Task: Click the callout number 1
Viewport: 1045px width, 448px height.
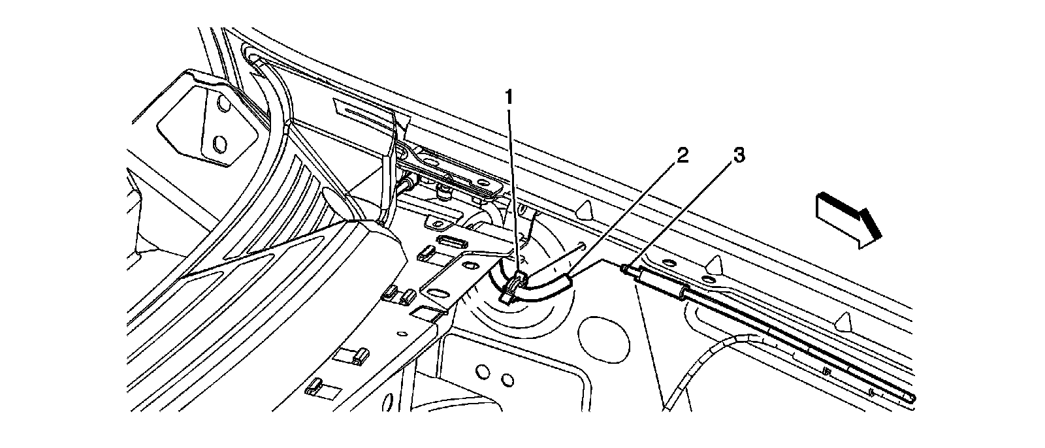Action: [509, 99]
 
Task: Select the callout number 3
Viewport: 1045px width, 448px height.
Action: [738, 156]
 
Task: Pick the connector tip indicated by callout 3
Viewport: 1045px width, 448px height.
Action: [628, 268]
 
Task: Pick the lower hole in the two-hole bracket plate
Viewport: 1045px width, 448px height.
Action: [220, 143]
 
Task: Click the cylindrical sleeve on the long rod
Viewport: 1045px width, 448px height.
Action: [660, 282]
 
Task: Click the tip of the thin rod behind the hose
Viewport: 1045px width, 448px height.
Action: [581, 245]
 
